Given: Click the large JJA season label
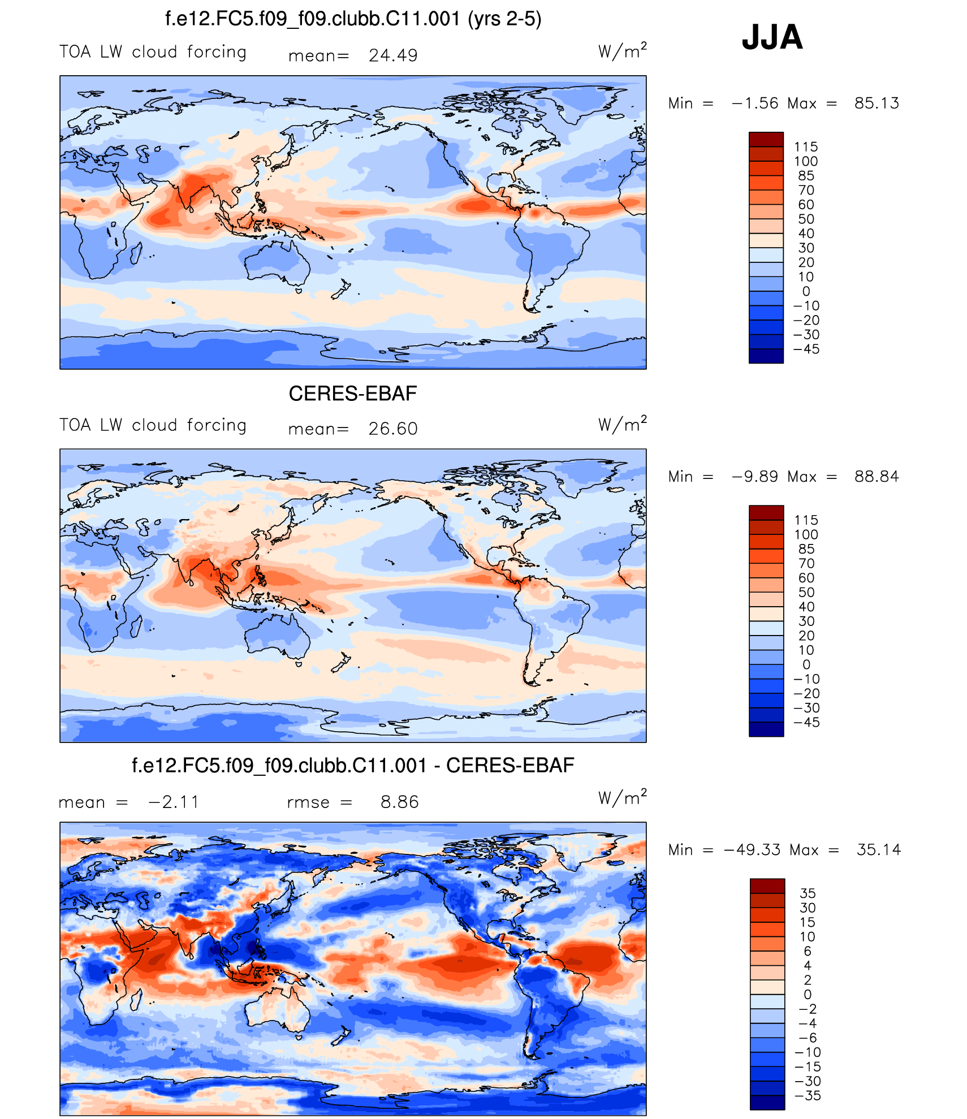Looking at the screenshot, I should click(x=772, y=37).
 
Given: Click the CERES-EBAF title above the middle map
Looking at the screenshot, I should click(x=352, y=394).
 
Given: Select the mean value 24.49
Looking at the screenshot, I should click(x=393, y=55).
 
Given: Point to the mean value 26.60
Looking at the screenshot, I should click(x=393, y=429).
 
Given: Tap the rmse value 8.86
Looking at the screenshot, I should click(x=399, y=802).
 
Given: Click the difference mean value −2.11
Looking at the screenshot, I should click(x=174, y=802).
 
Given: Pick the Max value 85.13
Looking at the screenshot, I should click(x=877, y=103).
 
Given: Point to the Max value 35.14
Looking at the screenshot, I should click(x=879, y=849).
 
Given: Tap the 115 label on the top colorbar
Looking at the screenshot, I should click(x=806, y=147).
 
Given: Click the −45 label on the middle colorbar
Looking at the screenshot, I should click(x=806, y=722).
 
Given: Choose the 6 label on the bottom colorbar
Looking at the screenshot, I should click(x=808, y=950).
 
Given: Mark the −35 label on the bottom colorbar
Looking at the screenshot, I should click(x=808, y=1095).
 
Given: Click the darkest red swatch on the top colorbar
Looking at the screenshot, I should click(x=766, y=139).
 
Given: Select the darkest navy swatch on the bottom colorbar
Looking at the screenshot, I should click(x=767, y=1103).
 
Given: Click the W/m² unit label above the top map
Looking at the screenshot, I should click(x=622, y=51).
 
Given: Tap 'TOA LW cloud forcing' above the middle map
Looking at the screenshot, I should click(x=153, y=425).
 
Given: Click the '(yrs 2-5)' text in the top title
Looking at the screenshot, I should click(x=504, y=19).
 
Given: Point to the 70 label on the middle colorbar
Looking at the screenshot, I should click(x=806, y=563).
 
